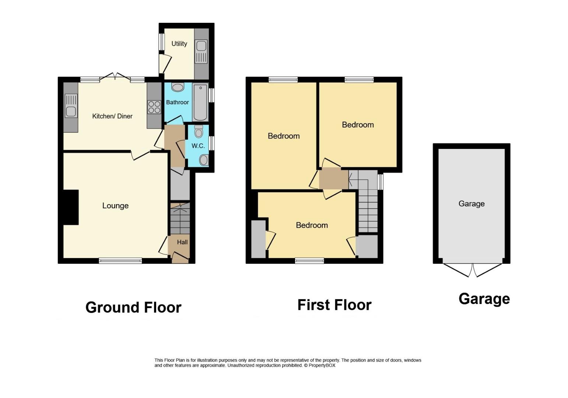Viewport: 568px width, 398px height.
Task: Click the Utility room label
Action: (179, 43)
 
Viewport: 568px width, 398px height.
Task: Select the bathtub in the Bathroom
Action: (200, 102)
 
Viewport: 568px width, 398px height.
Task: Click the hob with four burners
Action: (154, 107)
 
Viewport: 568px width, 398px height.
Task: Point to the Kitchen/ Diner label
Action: (112, 116)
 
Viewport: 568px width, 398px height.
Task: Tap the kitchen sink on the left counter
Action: (71, 106)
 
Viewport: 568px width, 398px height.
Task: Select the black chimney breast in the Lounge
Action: (71, 207)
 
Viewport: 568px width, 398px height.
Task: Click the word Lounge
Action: (115, 206)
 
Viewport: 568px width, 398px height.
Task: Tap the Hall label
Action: (182, 242)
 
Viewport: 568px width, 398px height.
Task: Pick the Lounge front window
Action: (120, 261)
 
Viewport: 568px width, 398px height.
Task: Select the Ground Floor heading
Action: (133, 307)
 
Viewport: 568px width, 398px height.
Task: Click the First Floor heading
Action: (334, 305)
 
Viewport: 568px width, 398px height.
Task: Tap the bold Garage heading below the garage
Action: (484, 299)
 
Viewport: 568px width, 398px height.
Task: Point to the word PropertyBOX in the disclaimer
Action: (322, 366)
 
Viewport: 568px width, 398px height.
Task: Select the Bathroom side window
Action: (211, 95)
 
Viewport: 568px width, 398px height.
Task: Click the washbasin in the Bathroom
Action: (178, 87)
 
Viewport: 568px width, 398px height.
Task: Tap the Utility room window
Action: (162, 42)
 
